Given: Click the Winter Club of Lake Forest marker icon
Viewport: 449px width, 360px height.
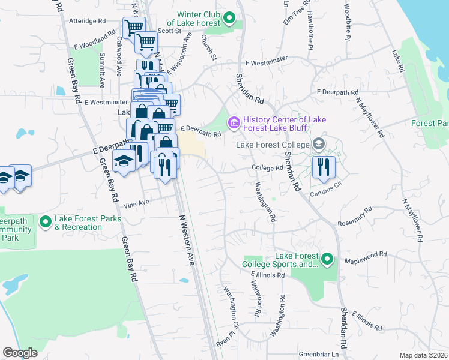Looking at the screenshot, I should click(229, 19).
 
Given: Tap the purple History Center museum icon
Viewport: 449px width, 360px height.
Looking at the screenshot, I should click(234, 124).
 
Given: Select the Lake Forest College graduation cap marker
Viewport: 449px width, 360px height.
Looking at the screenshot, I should click(318, 144).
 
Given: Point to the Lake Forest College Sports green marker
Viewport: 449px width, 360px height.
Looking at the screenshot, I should click(327, 259).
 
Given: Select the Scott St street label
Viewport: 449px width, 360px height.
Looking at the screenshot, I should click(169, 31).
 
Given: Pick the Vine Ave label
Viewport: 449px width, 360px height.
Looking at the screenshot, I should click(136, 203).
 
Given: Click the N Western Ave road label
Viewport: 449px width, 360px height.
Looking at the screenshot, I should click(187, 240).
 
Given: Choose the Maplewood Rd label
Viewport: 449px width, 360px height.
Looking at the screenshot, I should click(366, 257).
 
